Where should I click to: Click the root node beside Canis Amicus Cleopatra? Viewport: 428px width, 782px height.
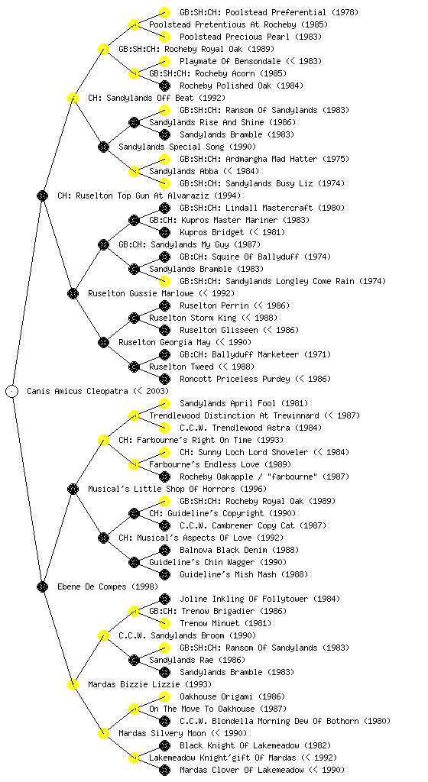coord(12,391)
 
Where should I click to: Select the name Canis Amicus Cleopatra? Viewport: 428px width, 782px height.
coord(77,391)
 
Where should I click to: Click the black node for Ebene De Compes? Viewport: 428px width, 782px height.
coord(42,586)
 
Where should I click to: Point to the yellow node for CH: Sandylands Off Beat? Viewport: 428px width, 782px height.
coord(73,98)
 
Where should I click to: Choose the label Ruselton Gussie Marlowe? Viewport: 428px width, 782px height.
coord(141,293)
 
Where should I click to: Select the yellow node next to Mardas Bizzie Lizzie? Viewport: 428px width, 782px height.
coord(73,684)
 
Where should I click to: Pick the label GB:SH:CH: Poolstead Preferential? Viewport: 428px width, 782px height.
coord(253,12)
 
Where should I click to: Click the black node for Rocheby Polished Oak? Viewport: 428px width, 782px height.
coord(164,86)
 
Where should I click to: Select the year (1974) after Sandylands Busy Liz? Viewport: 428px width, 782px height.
coord(331,183)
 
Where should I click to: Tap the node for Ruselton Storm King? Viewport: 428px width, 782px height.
coord(134,318)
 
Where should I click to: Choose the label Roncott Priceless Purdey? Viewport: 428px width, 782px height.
coord(235,379)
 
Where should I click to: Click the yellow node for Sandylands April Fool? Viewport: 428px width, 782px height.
coord(164,403)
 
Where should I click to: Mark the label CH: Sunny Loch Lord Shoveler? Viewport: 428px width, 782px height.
coord(244,452)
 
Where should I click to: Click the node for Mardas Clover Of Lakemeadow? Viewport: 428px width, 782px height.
coord(164,770)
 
